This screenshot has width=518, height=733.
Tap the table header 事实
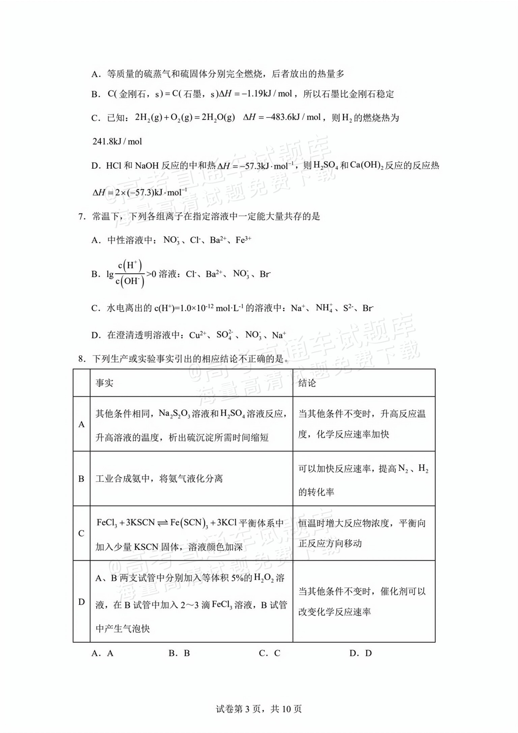pos(104,383)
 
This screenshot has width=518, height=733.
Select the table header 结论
pos(307,383)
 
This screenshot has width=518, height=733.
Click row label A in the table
pos(82,424)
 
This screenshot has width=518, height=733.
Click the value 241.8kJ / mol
pos(117,141)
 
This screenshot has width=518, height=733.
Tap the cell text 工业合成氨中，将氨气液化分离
pos(159,479)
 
